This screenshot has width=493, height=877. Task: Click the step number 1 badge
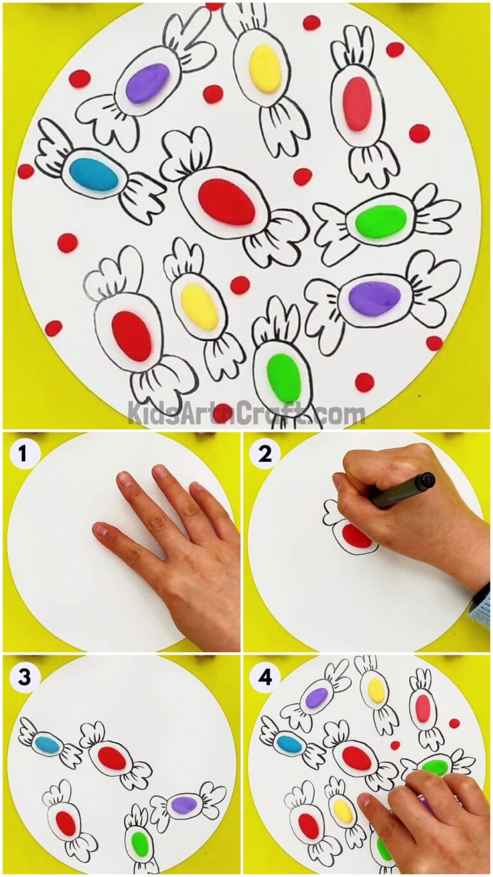(x=23, y=454)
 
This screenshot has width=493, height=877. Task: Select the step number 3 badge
(x=23, y=677)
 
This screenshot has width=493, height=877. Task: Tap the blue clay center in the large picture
(x=93, y=174)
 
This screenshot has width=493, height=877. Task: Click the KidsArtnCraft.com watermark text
(x=246, y=411)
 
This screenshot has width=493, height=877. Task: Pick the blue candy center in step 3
(x=48, y=745)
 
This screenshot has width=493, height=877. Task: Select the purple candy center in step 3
(x=184, y=803)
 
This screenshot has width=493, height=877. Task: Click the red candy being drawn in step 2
(x=356, y=536)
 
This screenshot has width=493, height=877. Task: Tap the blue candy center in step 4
(x=290, y=744)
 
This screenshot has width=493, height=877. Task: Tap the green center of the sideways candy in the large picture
(x=381, y=221)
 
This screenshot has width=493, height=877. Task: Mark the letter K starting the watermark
(x=135, y=412)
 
